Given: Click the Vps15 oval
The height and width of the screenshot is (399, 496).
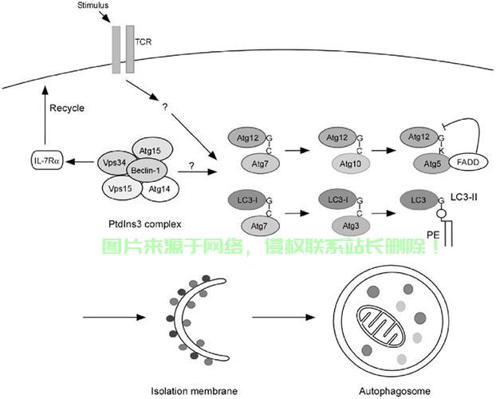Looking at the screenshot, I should tap(120, 188).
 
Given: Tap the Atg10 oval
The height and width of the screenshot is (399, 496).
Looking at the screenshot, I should tap(340, 164).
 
